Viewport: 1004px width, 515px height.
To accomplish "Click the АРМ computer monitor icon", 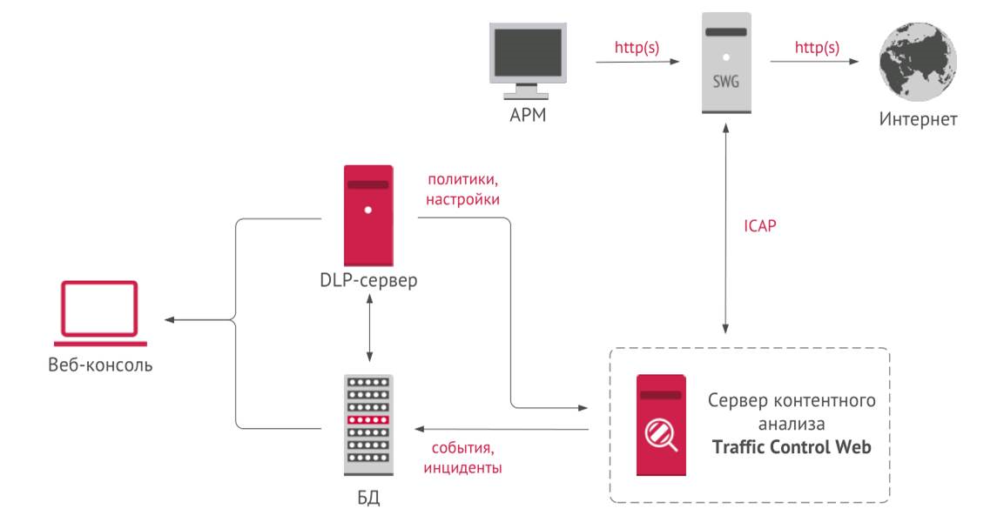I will (526, 57).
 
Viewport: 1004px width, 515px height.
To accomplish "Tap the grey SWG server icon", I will (725, 63).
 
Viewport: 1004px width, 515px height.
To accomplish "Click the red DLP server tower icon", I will (367, 215).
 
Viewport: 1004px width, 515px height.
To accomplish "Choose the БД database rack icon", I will (367, 425).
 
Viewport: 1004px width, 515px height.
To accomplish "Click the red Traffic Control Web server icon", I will (660, 425).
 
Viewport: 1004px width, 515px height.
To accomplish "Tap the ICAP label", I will (759, 226).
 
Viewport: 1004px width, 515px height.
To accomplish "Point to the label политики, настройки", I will (462, 190).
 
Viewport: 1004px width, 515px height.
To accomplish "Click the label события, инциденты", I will (462, 458).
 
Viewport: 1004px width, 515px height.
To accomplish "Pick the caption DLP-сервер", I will (368, 280).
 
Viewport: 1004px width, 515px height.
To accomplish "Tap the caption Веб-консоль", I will (100, 364).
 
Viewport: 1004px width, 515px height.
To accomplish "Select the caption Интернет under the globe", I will (918, 119).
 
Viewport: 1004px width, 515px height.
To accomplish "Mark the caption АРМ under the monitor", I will (527, 115).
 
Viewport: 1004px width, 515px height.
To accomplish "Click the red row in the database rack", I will (367, 419).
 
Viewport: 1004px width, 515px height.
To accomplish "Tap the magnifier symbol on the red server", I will (659, 433).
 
